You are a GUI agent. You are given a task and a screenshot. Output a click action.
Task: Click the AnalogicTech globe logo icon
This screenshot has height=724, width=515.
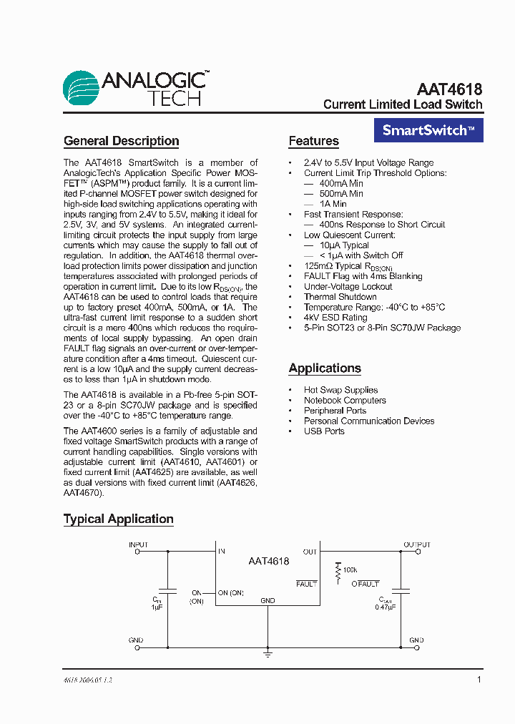coord(81,89)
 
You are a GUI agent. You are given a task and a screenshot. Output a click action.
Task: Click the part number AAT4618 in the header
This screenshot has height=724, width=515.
coord(449,89)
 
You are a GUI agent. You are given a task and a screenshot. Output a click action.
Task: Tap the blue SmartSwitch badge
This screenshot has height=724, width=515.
coord(428,130)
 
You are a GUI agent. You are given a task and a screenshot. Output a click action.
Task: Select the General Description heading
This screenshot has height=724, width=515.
coord(121,141)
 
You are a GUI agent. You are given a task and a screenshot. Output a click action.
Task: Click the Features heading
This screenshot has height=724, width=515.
coord(313,141)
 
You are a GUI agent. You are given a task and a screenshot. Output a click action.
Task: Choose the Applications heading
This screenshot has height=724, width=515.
coord(325,368)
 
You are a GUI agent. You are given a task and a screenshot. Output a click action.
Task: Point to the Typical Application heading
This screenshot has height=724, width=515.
coord(118,519)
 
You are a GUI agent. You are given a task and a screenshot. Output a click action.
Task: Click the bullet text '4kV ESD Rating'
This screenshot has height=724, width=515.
coord(335,318)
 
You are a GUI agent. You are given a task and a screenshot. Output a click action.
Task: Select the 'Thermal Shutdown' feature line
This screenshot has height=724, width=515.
coord(340,297)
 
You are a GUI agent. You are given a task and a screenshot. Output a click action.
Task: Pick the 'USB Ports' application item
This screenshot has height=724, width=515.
coord(324,431)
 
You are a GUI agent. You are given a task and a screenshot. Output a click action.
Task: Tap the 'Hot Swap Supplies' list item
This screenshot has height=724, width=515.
coord(340,390)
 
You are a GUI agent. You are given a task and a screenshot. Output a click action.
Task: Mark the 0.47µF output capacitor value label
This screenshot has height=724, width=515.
coord(386,607)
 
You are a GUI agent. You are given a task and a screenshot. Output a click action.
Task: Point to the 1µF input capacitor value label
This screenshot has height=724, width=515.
coord(157,607)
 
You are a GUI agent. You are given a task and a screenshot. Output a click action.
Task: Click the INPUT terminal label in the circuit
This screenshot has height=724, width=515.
coord(138,545)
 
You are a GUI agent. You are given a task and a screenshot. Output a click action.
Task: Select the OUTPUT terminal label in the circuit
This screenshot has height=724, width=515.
coord(417,545)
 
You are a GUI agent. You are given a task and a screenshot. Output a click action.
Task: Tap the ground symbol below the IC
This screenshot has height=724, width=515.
coord(268,653)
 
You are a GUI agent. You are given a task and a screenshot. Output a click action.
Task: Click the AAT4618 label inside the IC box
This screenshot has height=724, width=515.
coord(268,562)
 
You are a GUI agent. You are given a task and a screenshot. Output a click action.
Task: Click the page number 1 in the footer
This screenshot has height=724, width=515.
coord(479,680)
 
